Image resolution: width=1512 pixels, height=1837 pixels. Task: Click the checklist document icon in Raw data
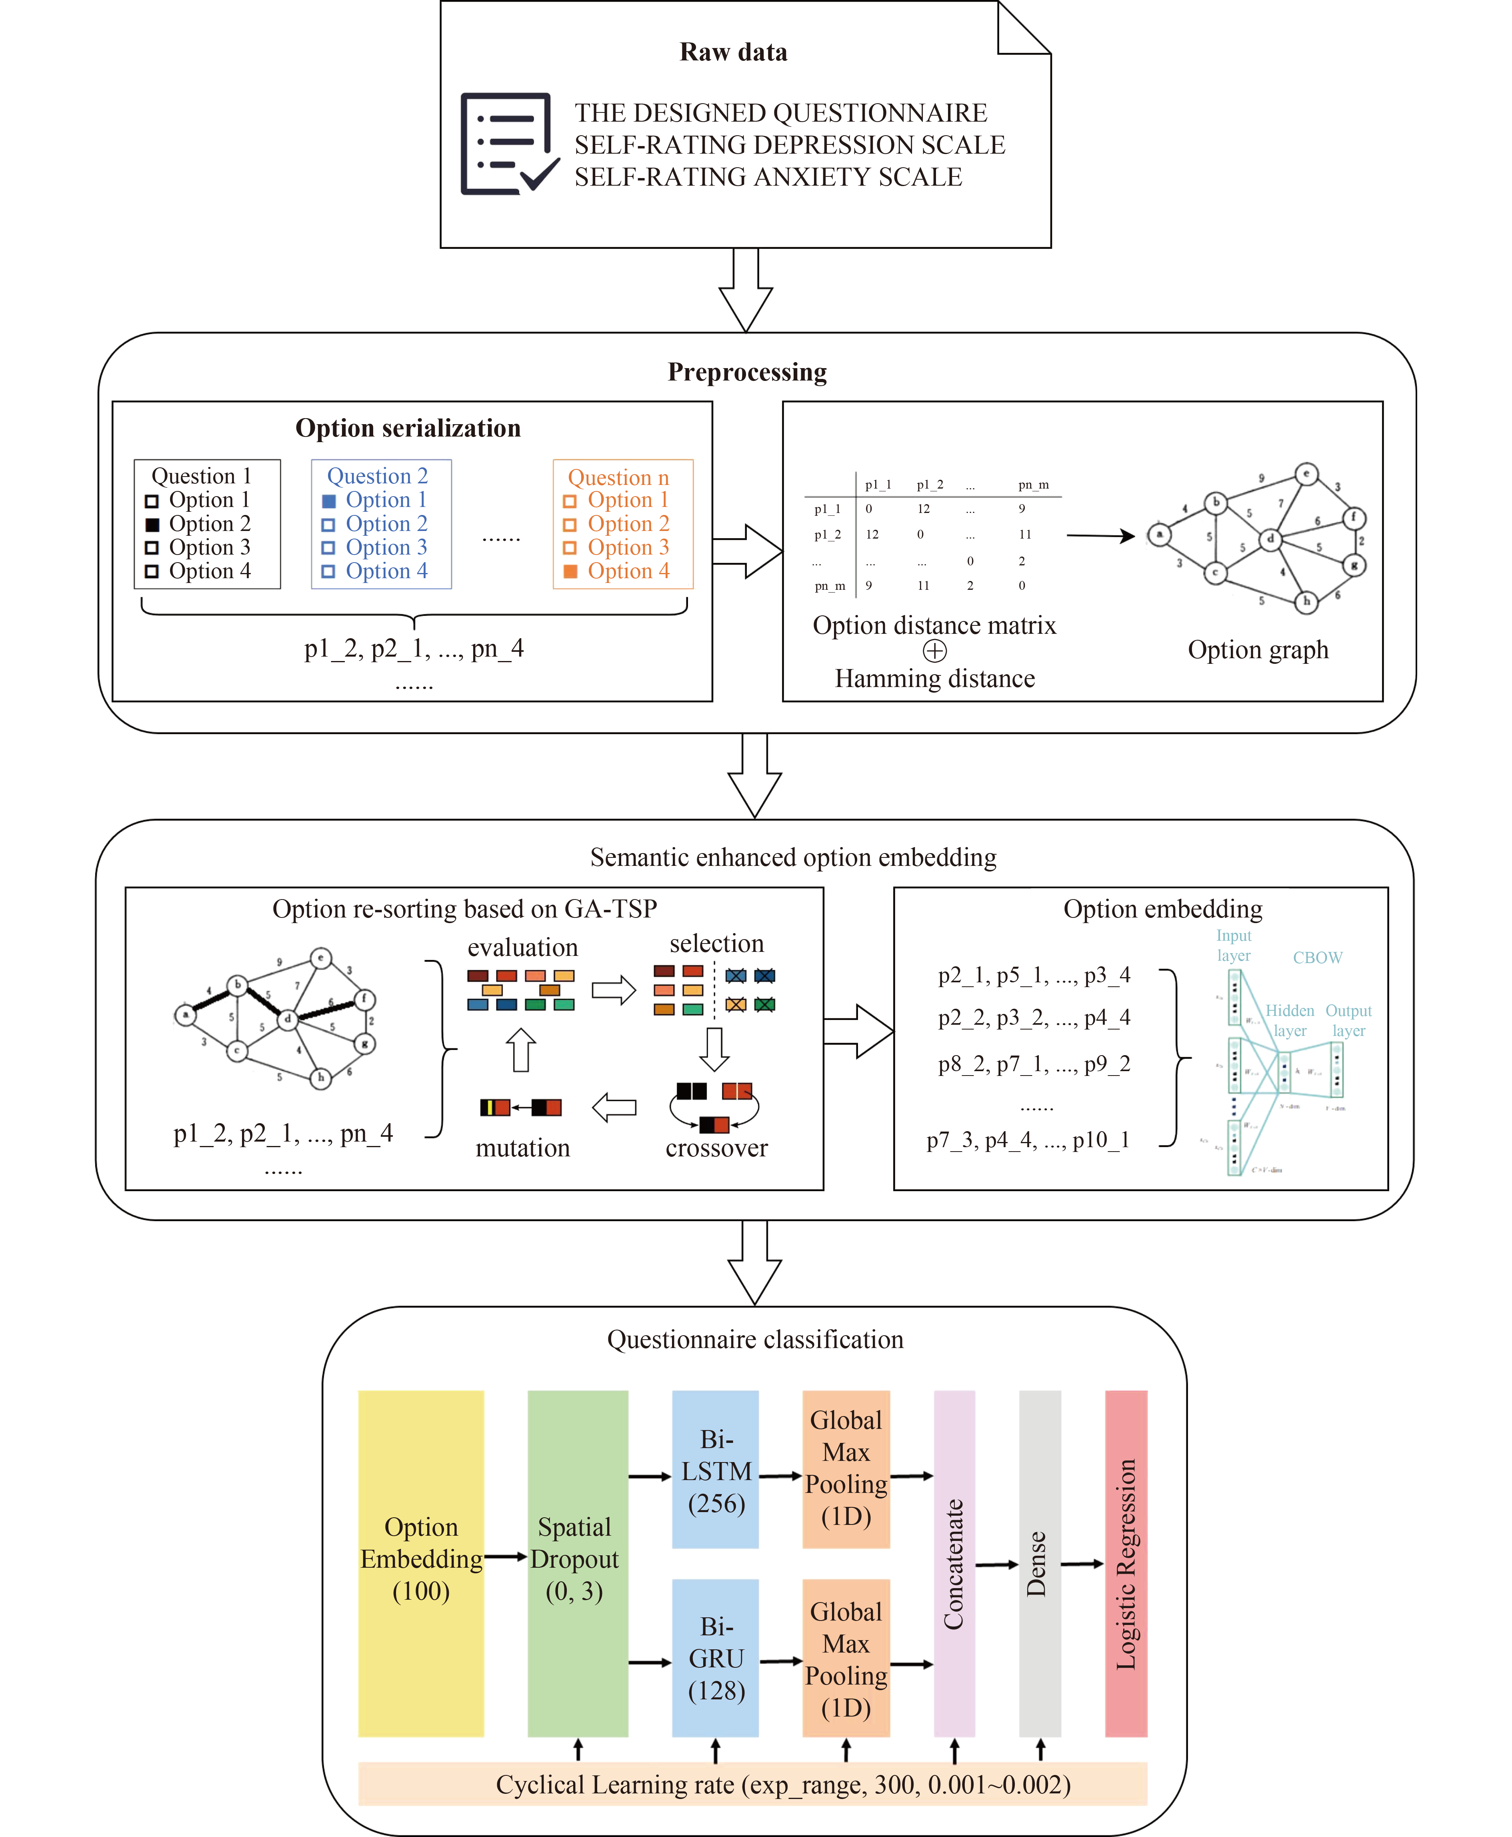tap(508, 144)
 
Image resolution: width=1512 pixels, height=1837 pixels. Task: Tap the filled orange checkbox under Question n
tap(570, 571)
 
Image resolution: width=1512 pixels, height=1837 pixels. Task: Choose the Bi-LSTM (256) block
tap(715, 1469)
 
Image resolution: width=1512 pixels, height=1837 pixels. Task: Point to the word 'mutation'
tap(522, 1148)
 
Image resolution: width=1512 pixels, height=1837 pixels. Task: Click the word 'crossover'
tap(716, 1148)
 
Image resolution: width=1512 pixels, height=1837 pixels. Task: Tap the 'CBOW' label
tap(1317, 957)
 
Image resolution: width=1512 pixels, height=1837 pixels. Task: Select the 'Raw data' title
tap(733, 52)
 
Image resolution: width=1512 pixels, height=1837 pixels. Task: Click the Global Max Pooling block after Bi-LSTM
tap(846, 1469)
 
